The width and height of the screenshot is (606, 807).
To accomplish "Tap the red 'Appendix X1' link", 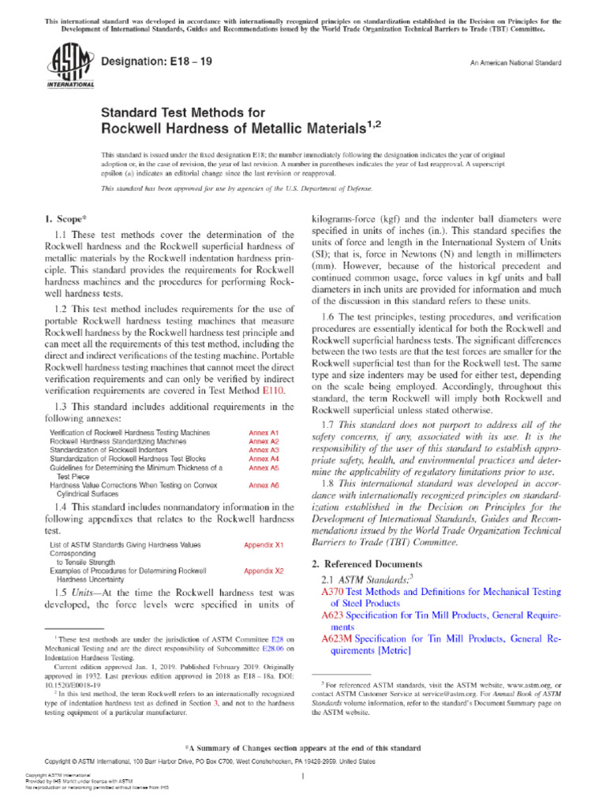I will tap(264, 545).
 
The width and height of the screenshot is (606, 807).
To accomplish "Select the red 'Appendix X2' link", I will tap(264, 570).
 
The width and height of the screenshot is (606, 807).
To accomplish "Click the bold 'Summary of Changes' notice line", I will tap(303, 747).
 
